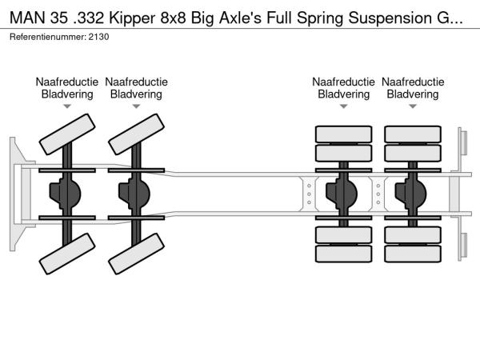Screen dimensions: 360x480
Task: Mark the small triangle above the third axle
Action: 343,106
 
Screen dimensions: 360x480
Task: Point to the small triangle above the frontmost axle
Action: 67,106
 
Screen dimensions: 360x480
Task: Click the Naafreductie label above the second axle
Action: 137,82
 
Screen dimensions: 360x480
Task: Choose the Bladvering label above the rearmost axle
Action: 413,94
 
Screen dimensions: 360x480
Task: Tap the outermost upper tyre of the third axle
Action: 343,134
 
